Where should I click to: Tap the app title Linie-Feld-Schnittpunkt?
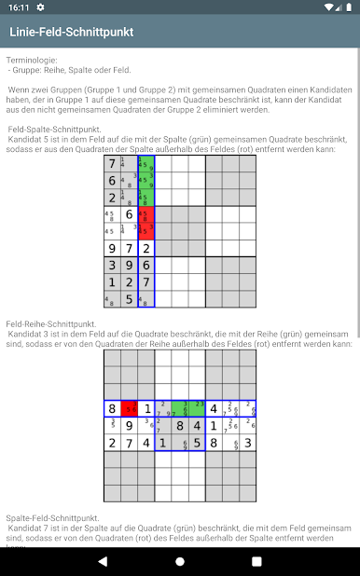click(x=71, y=33)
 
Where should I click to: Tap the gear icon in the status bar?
click(x=40, y=7)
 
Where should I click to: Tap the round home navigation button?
click(x=180, y=560)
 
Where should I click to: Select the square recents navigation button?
click(x=257, y=560)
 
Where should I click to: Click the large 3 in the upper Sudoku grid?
click(x=112, y=266)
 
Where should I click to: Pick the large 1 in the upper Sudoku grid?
click(x=112, y=282)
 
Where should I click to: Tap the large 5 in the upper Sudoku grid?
click(x=129, y=299)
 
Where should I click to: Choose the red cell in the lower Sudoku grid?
click(x=129, y=408)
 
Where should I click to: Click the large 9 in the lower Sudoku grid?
click(x=129, y=426)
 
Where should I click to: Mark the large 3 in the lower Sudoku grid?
click(x=246, y=443)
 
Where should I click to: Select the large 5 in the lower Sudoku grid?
click(x=197, y=443)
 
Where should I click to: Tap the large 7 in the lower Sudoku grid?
click(x=129, y=443)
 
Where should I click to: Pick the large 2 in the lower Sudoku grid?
click(x=112, y=443)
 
